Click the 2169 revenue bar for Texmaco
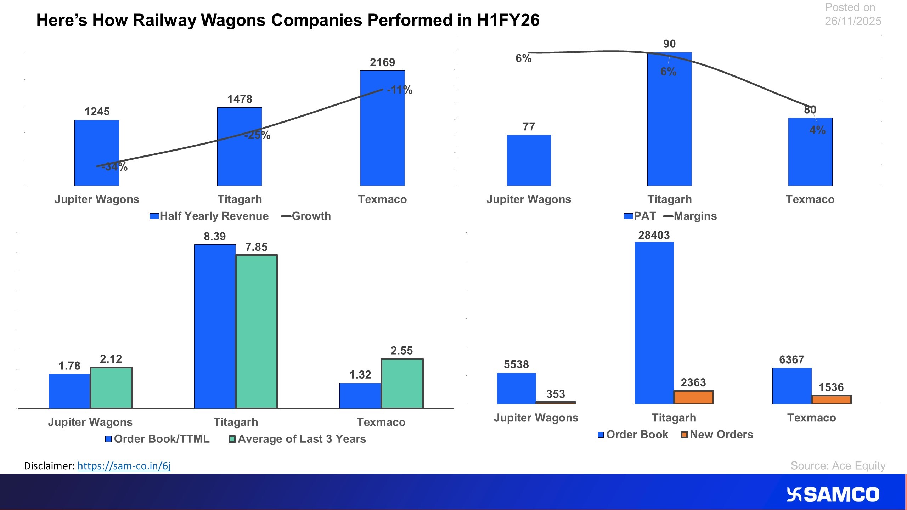[x=382, y=142]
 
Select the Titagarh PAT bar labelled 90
[x=669, y=135]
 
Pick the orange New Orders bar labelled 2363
[x=693, y=397]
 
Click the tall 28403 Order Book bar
[x=654, y=322]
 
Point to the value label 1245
[x=97, y=112]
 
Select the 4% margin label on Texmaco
[x=817, y=130]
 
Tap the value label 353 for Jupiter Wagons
[x=555, y=394]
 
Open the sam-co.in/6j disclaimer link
[x=124, y=466]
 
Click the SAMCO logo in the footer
[x=833, y=494]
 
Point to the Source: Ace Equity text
[x=838, y=465]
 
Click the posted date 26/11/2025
[x=852, y=21]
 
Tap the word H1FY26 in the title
[x=508, y=20]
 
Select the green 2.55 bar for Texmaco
[x=402, y=384]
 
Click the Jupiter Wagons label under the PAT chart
[x=528, y=199]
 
